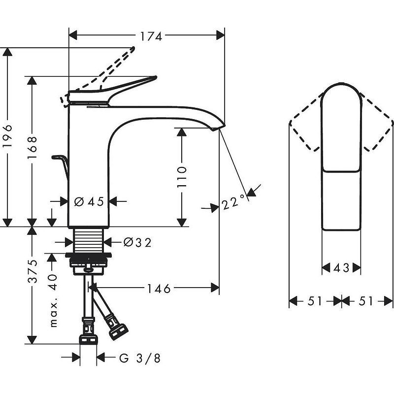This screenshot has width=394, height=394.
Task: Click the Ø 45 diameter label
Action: coord(89,201)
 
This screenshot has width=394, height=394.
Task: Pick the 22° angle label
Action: coord(233,202)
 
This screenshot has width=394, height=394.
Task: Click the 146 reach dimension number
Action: coord(158,288)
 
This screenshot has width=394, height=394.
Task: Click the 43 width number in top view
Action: coord(341,268)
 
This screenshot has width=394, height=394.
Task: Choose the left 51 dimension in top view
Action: coord(315,301)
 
